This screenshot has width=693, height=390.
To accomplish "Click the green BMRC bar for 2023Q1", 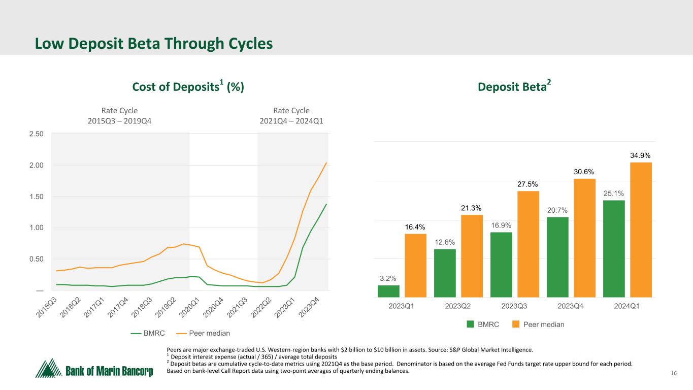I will (x=388, y=291).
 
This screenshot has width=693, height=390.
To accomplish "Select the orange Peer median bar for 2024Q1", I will (x=641, y=230).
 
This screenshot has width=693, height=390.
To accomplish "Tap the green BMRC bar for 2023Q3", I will (x=501, y=265).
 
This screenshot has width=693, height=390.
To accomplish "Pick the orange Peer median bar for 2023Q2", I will (x=472, y=256).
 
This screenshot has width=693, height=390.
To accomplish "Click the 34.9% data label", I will (x=641, y=155).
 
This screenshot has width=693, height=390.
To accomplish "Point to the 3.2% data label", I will (x=388, y=278).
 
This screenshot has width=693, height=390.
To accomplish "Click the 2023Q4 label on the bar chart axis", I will (x=557, y=306).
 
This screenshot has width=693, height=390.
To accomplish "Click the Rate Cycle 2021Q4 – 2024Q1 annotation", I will (x=291, y=116).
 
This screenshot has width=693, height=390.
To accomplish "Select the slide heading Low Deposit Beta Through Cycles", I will (x=154, y=44).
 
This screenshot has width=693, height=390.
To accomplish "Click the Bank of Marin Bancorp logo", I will (x=94, y=369).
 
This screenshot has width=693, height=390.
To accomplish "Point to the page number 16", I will (x=674, y=374).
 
